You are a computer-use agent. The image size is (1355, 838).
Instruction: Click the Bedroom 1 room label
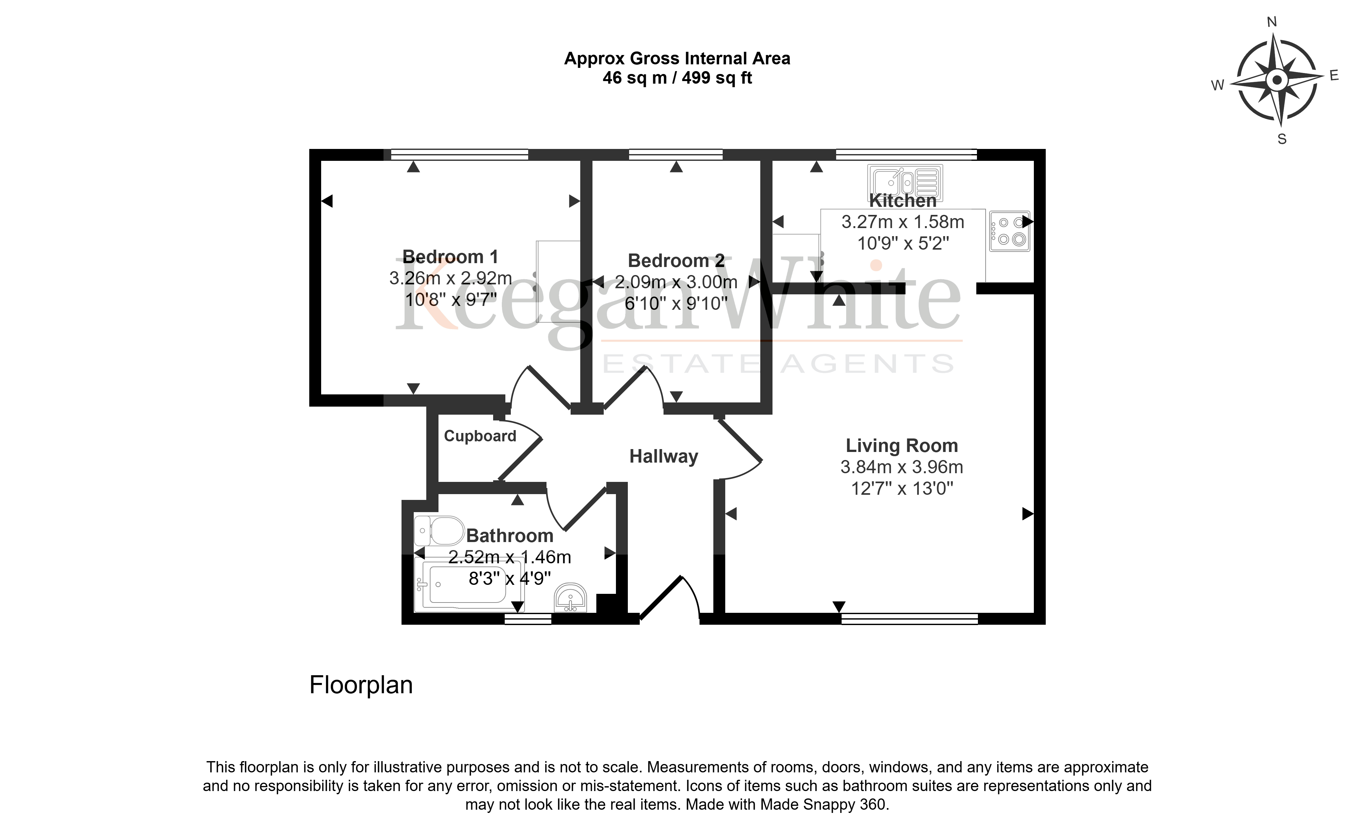pyautogui.click(x=450, y=257)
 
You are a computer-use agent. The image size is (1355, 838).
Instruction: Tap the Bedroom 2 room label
pyautogui.click(x=676, y=261)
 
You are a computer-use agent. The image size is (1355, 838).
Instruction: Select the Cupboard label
pyautogui.click(x=480, y=436)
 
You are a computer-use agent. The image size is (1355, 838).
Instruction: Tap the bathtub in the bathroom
pyautogui.click(x=469, y=584)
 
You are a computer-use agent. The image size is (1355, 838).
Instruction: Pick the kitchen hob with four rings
pyautogui.click(x=1009, y=231)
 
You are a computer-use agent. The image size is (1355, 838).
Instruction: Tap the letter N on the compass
pyautogui.click(x=1272, y=22)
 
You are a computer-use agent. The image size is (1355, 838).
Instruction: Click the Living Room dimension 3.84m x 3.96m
pyautogui.click(x=901, y=467)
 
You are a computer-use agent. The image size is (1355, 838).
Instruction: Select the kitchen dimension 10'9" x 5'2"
pyautogui.click(x=903, y=243)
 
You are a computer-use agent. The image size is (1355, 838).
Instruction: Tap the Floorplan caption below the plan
pyautogui.click(x=361, y=685)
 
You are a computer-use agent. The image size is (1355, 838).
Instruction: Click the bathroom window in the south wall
pyautogui.click(x=528, y=619)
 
